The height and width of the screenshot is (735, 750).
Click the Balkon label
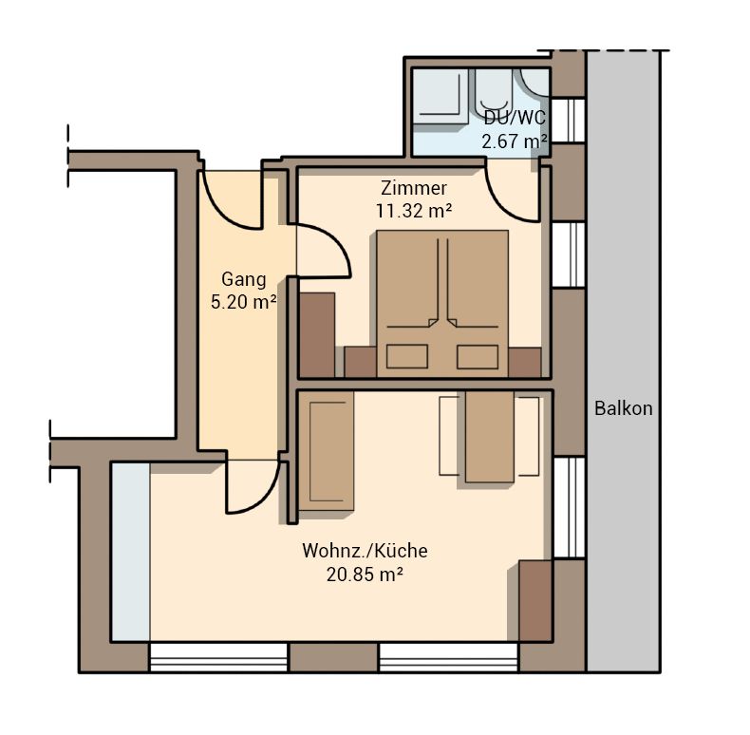pyautogui.click(x=623, y=408)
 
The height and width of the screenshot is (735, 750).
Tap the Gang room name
pyautogui.click(x=244, y=279)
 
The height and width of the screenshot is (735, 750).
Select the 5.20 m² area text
pyautogui.click(x=244, y=302)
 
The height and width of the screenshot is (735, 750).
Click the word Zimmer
pyautogui.click(x=414, y=188)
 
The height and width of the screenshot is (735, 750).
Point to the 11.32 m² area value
pyautogui.click(x=414, y=211)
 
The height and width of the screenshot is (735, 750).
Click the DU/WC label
pyautogui.click(x=515, y=118)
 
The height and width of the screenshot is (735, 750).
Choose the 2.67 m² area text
pyautogui.click(x=515, y=141)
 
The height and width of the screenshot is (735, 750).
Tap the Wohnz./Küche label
pyautogui.click(x=365, y=551)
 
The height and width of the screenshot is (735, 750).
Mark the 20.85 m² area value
pyautogui.click(x=365, y=574)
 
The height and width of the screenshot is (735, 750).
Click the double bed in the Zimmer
pyautogui.click(x=442, y=304)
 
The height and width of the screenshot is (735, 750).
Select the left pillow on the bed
pyautogui.click(x=407, y=356)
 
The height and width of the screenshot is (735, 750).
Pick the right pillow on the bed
pyautogui.click(x=478, y=356)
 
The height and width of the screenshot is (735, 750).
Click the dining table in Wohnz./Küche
pyautogui.click(x=489, y=437)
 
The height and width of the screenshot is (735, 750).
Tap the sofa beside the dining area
pyautogui.click(x=328, y=451)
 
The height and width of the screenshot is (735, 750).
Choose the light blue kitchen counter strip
pyautogui.click(x=131, y=552)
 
